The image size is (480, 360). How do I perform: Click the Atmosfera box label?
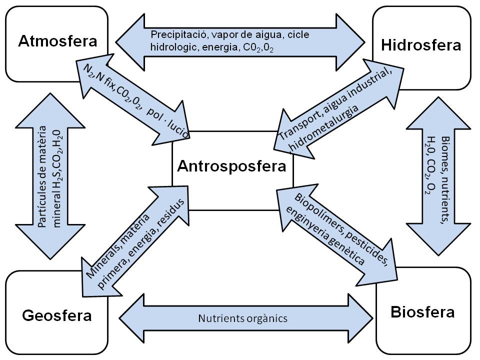tap(57, 41)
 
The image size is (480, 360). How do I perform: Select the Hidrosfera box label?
tap(421, 45)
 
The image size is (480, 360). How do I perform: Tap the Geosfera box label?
tap(57, 315)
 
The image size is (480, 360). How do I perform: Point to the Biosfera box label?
tap(423, 312)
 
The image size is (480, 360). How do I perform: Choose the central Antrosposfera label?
tap(231, 166)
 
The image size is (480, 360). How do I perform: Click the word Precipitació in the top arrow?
tap(179, 34)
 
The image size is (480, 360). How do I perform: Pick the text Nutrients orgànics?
tap(243, 318)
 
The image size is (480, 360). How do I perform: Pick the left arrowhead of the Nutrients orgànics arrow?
tap(131, 318)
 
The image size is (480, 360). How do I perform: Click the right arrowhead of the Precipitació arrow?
tap(350, 42)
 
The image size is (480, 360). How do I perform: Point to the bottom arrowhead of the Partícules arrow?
tap(50, 242)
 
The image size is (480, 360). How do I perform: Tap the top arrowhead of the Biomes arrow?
tap(438, 113)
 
